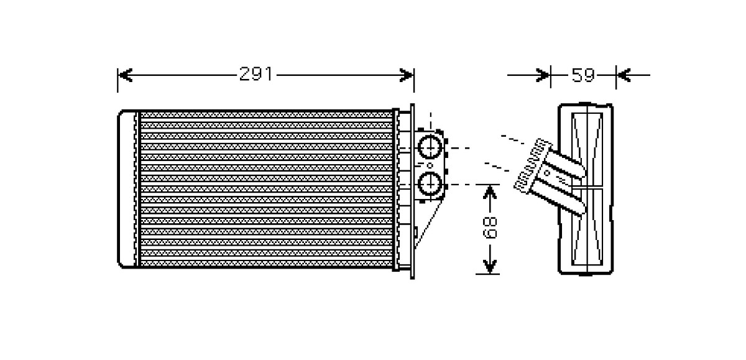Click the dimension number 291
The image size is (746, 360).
tap(256, 75)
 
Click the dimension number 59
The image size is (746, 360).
tap(583, 75)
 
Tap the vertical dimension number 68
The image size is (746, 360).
tap(491, 228)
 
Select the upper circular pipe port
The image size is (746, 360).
tap(429, 147)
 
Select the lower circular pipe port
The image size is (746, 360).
tap(429, 184)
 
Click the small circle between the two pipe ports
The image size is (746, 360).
tap(429, 165)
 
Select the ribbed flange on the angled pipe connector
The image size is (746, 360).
tap(533, 165)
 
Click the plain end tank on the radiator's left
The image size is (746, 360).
tap(127, 189)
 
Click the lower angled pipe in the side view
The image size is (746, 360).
tap(559, 193)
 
